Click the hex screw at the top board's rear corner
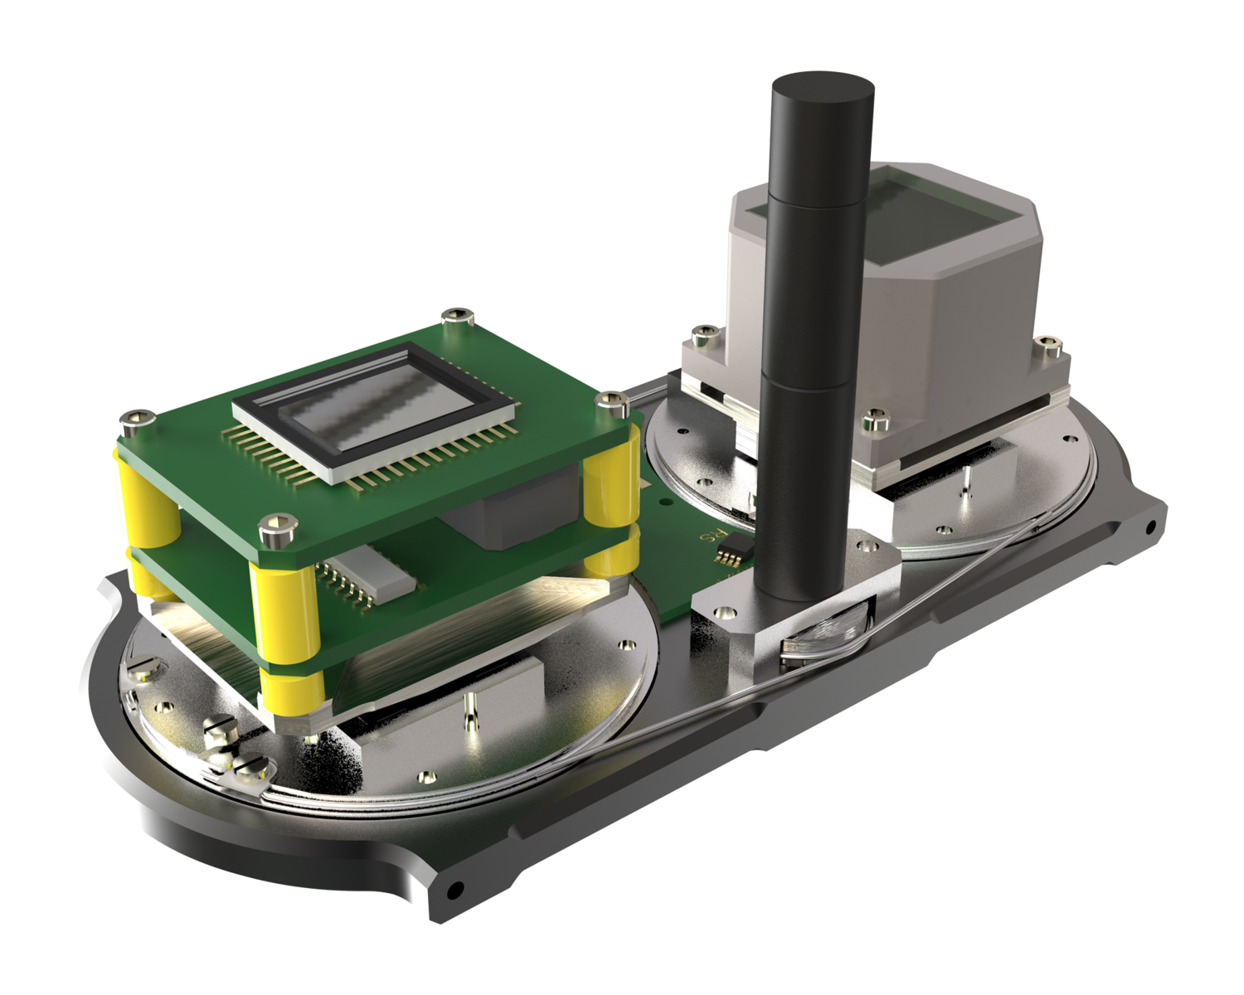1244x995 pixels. click(456, 316)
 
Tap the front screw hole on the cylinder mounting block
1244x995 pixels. click(726, 611)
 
